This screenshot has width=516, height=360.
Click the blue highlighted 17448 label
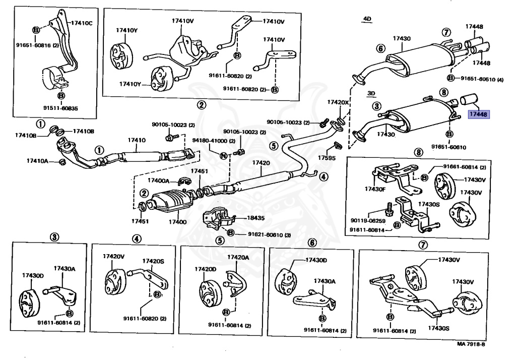(x=479, y=115)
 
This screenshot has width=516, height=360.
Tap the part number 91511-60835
(x=60, y=108)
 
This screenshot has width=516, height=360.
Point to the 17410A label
(x=38, y=161)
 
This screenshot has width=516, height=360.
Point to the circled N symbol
(x=222, y=154)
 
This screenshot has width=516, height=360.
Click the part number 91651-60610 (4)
(x=482, y=79)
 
